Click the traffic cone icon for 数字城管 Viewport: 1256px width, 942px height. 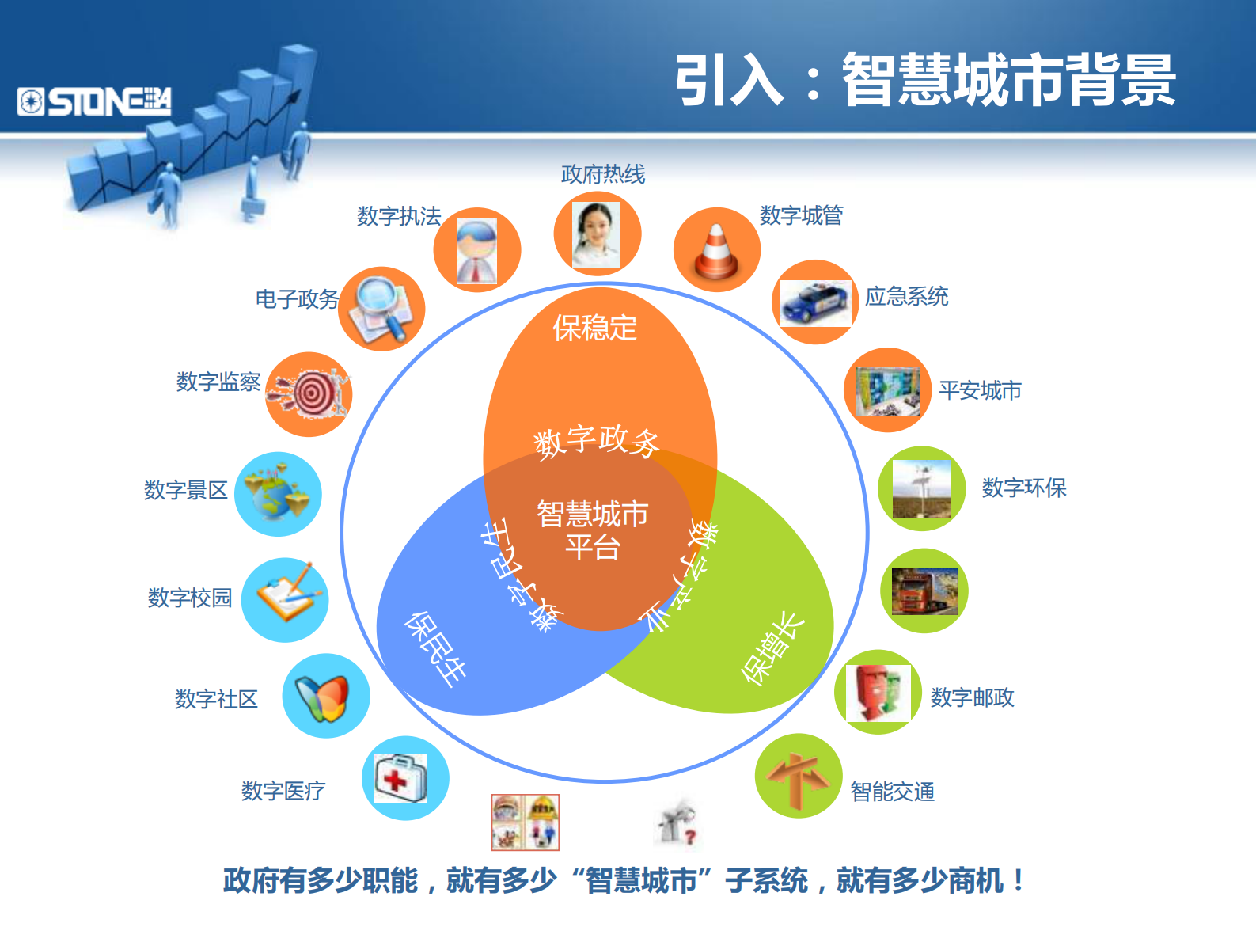point(716,251)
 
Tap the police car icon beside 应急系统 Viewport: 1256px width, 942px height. point(814,302)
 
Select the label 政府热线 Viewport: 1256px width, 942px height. point(603,174)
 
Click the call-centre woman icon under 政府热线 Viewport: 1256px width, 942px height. point(596,234)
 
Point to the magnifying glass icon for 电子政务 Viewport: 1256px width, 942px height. point(381,309)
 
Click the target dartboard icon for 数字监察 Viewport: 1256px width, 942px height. point(309,393)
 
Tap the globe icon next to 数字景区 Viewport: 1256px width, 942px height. point(277,494)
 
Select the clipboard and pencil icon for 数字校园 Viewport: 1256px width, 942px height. point(286,599)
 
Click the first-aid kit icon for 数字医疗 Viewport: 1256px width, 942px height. point(400,778)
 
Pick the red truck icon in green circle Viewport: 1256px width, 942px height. point(924,591)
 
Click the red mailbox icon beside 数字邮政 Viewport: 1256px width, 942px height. point(877,693)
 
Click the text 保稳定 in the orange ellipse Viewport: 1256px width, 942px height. point(595,328)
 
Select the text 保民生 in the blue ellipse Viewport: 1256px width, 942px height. point(434,648)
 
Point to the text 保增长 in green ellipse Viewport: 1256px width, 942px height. point(772,648)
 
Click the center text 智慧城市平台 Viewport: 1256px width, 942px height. point(592,530)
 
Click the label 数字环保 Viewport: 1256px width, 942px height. point(1024,488)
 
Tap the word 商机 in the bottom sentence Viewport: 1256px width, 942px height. point(976,881)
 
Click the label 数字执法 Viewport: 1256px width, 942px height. point(399,216)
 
